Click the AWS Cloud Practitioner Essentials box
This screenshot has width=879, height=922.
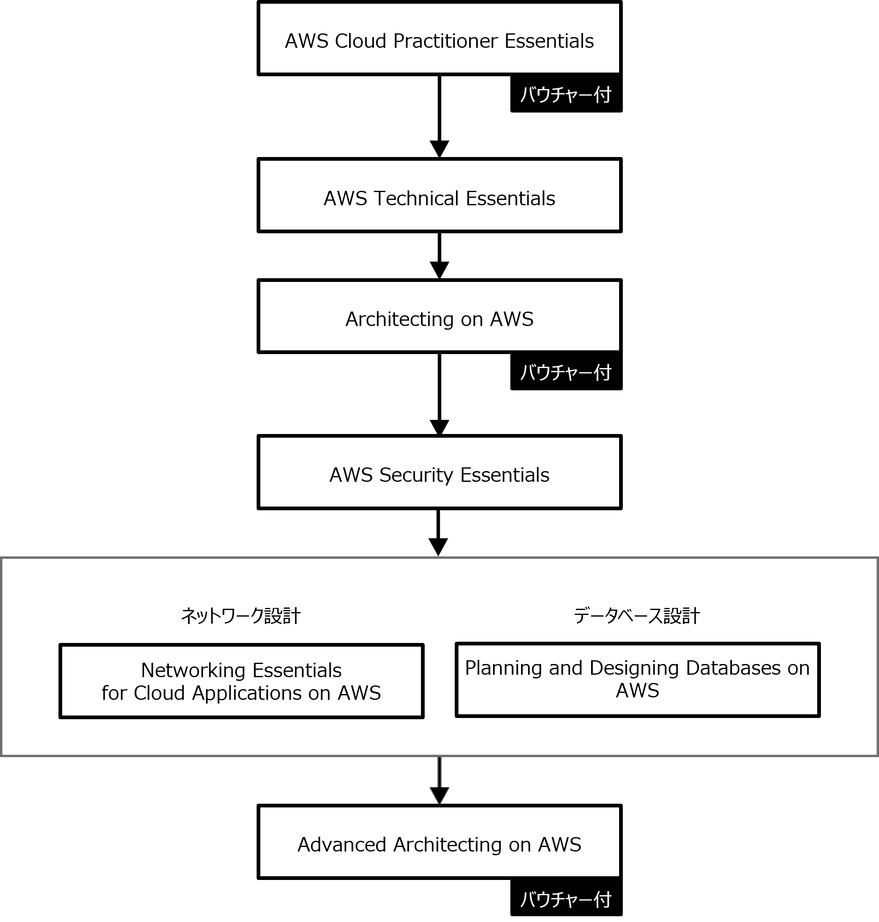pyautogui.click(x=439, y=38)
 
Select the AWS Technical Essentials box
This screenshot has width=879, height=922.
pyautogui.click(x=439, y=195)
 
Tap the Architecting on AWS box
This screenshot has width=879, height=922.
pyautogui.click(x=439, y=317)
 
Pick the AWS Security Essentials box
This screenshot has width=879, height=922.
pyautogui.click(x=439, y=472)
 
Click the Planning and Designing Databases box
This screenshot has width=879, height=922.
pyautogui.click(x=638, y=680)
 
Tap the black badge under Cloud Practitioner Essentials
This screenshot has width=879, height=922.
pyautogui.click(x=566, y=94)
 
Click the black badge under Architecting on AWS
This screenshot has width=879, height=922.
pyautogui.click(x=566, y=372)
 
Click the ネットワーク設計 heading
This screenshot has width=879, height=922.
pyautogui.click(x=241, y=616)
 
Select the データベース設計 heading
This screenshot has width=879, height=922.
pyautogui.click(x=637, y=616)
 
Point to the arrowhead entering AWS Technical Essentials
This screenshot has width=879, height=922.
pyautogui.click(x=439, y=149)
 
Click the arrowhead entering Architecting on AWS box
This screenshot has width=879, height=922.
pyautogui.click(x=439, y=270)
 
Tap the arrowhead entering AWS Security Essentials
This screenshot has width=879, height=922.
pyautogui.click(x=439, y=427)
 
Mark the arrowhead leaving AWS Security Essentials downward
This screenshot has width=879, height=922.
pyautogui.click(x=438, y=547)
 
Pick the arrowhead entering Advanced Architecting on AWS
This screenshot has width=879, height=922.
pyautogui.click(x=439, y=796)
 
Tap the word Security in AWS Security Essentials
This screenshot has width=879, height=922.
pyautogui.click(x=416, y=475)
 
